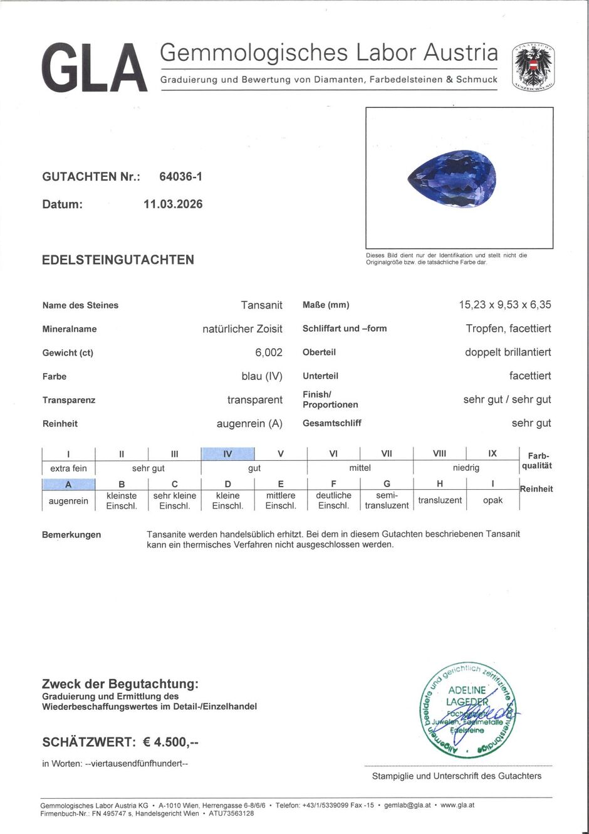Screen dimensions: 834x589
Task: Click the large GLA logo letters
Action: pyautogui.click(x=94, y=68)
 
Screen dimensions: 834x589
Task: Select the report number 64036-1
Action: pyautogui.click(x=180, y=177)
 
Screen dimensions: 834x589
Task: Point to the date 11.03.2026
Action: pyautogui.click(x=173, y=204)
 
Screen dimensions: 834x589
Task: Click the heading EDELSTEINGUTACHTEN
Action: pyautogui.click(x=118, y=260)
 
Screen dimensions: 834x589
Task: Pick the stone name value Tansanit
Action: pyautogui.click(x=261, y=305)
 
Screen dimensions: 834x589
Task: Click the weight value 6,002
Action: pyautogui.click(x=268, y=352)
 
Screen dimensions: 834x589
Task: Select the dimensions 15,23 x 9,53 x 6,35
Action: pyautogui.click(x=504, y=305)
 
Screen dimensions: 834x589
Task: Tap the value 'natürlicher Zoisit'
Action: pyautogui.click(x=242, y=329)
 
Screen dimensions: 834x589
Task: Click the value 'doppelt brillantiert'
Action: pyautogui.click(x=508, y=352)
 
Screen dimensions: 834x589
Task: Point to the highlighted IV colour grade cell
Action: pyautogui.click(x=227, y=454)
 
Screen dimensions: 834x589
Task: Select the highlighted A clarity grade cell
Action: pyautogui.click(x=68, y=484)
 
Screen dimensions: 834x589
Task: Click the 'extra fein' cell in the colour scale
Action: pyautogui.click(x=68, y=468)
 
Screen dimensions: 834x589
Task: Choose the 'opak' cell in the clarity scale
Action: pyautogui.click(x=493, y=500)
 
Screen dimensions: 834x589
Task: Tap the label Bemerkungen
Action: pyautogui.click(x=71, y=535)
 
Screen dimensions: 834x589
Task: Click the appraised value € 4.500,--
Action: pyautogui.click(x=170, y=742)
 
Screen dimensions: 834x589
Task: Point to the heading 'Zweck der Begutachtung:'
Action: pyautogui.click(x=120, y=684)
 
